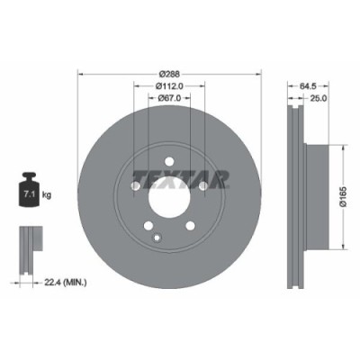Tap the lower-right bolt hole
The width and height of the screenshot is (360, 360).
[193, 225]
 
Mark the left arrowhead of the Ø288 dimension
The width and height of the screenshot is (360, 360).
[81, 73]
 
